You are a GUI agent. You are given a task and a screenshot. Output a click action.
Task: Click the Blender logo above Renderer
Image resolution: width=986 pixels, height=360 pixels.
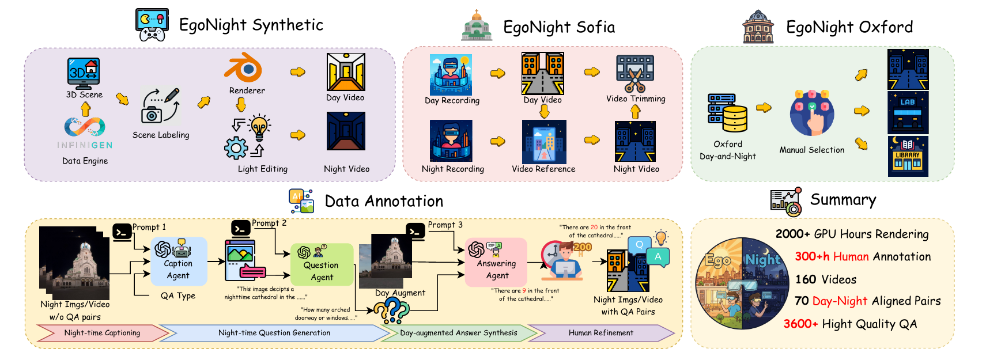click(243, 68)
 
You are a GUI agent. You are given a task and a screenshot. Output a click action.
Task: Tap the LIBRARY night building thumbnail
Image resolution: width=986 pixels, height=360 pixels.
click(908, 156)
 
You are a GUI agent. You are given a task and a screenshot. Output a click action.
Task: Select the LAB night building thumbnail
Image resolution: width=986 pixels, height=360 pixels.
click(908, 113)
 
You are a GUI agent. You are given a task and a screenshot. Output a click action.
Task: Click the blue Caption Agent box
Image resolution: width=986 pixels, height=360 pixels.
click(179, 262)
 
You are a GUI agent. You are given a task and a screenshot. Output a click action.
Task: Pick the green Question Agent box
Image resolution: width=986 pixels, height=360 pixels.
click(322, 264)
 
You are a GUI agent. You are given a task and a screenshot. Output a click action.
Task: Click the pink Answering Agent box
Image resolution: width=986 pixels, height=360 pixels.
click(496, 262)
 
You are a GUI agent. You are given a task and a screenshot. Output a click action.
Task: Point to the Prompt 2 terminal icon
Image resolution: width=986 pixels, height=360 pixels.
click(240, 228)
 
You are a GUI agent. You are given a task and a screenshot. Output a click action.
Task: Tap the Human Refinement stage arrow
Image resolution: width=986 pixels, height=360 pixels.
click(600, 333)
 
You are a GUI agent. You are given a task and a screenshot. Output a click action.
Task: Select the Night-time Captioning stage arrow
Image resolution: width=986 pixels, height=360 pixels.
click(102, 333)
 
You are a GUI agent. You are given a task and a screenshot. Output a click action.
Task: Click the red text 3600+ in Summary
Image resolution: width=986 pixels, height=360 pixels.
click(800, 324)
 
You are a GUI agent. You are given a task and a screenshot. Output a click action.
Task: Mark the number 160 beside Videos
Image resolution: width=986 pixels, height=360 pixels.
click(806, 279)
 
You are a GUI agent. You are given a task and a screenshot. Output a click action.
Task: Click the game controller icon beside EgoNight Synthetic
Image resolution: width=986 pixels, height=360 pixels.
click(153, 25)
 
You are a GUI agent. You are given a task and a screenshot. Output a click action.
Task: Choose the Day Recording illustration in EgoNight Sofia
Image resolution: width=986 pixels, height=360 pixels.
click(451, 75)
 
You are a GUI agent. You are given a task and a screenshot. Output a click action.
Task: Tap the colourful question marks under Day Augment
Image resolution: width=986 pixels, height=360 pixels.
click(392, 312)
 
